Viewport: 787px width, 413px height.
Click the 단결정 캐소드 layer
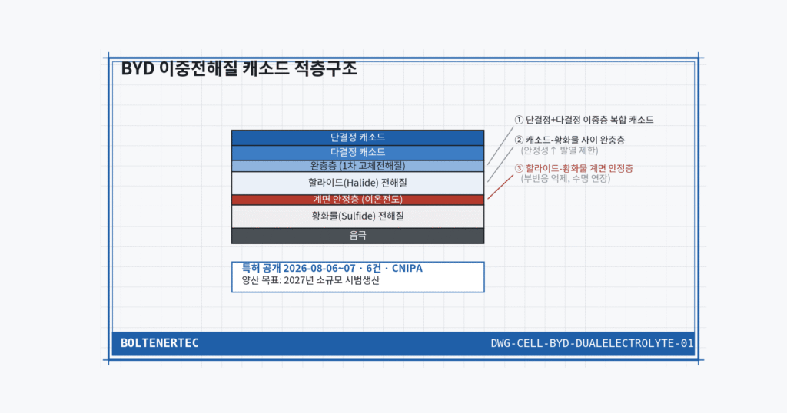[357, 137]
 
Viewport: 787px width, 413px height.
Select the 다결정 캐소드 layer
[357, 152]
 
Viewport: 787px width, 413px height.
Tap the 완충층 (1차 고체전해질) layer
[357, 166]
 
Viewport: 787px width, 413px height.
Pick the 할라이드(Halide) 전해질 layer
[357, 183]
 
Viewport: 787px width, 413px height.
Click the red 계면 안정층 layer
[357, 200]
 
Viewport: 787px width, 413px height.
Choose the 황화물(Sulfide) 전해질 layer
[357, 216]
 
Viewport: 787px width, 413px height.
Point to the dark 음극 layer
[357, 236]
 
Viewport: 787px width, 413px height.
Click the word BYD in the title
[138, 68]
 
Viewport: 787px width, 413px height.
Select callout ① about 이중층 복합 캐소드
[584, 120]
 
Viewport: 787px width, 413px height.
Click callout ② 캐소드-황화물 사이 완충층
[569, 140]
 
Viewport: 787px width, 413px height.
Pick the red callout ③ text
[573, 168]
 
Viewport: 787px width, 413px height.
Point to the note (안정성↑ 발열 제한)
[560, 150]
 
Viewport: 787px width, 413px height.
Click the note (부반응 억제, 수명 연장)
[565, 178]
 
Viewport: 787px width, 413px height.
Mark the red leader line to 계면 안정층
[500, 187]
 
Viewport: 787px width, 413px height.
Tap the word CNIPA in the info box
[407, 268]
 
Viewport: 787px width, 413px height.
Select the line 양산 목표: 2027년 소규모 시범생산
[310, 280]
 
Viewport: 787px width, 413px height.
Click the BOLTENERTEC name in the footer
[160, 343]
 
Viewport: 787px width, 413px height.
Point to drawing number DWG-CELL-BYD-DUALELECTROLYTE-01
[593, 343]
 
